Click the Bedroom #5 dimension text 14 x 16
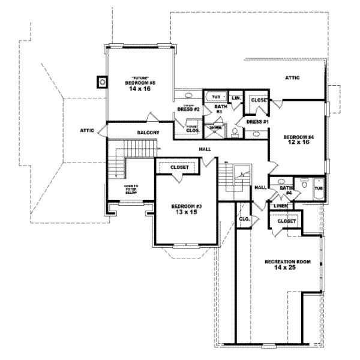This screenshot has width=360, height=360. tap(140, 88)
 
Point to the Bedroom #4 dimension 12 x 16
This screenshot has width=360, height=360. tap(297, 143)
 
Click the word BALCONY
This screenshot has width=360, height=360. tap(148, 132)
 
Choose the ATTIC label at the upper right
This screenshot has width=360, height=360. tap(292, 77)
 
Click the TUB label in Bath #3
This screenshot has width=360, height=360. tap(216, 97)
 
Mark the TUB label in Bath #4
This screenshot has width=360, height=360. tap(318, 188)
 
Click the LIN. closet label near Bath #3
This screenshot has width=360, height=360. tap(236, 97)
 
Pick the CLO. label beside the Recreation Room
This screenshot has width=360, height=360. tap(244, 219)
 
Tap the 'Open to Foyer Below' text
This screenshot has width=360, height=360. tap(131, 190)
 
